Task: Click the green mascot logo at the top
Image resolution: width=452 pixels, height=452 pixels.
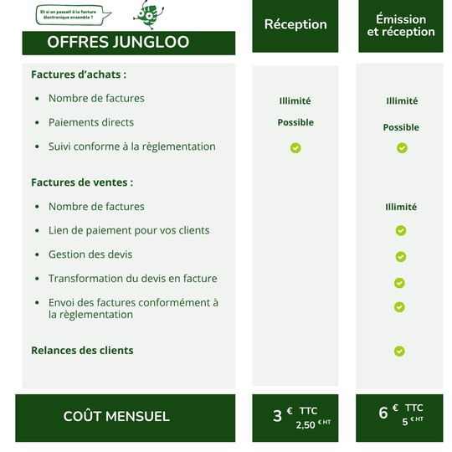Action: pos(148,14)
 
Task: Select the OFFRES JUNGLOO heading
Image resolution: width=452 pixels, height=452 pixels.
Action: pos(118,42)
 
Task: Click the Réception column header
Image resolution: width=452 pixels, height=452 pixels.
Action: pos(295,24)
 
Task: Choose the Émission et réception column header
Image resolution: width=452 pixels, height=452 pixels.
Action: pos(401,25)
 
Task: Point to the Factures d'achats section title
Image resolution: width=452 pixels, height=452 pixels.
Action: pos(79,74)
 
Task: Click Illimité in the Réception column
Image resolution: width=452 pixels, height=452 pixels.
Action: pos(295,101)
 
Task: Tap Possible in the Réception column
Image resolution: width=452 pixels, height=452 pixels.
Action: pos(295,122)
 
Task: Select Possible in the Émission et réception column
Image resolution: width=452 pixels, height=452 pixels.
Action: pos(401,127)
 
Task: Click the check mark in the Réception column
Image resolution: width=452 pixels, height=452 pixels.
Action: pos(295,148)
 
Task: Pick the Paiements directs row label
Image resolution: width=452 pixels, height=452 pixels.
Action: pos(90,122)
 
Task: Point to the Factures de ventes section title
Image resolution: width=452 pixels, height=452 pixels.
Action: pos(82,182)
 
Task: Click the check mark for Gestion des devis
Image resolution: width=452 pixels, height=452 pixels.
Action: pos(401,256)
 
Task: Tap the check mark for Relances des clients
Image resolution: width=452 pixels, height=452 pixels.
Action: pos(399,351)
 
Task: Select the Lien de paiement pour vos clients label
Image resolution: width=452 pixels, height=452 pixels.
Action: pos(129,230)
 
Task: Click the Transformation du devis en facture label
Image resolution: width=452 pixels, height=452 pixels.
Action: pos(132,279)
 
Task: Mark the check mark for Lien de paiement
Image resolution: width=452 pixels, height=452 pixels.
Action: pos(401,230)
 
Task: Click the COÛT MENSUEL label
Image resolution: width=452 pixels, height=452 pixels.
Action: pos(116,416)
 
